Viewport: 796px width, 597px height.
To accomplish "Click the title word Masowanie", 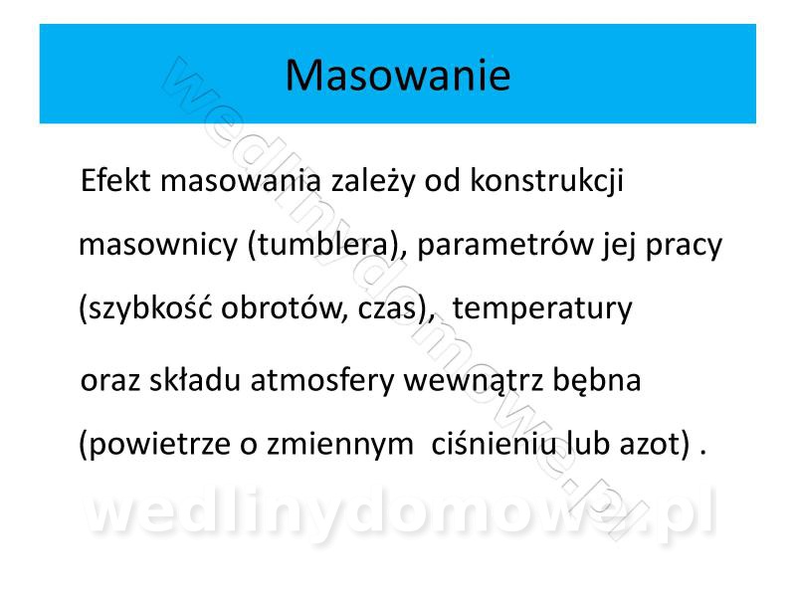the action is [397, 76].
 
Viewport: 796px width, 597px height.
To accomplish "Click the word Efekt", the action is [115, 180].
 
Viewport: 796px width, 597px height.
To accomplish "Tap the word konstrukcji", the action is [546, 182].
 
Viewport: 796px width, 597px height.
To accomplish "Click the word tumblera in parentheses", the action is [323, 244].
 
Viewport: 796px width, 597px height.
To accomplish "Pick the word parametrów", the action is [505, 246].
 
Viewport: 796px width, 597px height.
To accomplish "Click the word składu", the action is [195, 380].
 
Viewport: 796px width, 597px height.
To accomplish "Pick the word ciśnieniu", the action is [494, 443].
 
